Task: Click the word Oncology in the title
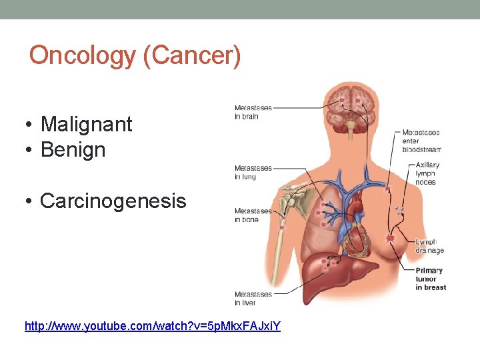[x=83, y=55]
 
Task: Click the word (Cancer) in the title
[x=192, y=55]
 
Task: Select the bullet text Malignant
[x=86, y=124]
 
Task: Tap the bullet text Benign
[x=73, y=149]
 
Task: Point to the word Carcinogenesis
[x=113, y=201]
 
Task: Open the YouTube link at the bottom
[x=152, y=326]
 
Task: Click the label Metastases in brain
[x=253, y=112]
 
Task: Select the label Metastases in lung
[x=253, y=172]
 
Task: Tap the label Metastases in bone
[x=253, y=215]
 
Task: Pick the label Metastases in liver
[x=253, y=298]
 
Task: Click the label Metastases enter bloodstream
[x=421, y=141]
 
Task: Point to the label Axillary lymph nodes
[x=427, y=173]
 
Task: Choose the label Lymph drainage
[x=429, y=246]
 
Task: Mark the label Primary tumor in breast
[x=430, y=279]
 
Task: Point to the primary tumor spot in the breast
[x=390, y=238]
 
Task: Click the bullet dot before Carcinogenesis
[x=31, y=201]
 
